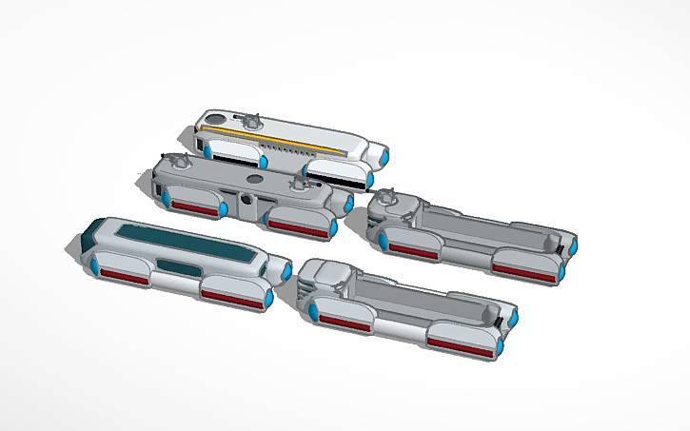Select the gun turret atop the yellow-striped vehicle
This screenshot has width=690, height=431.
251,120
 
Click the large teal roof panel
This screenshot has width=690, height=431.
181,239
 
